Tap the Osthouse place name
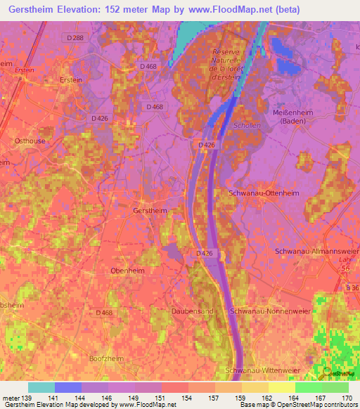point(30,141)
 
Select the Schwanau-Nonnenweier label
point(270,310)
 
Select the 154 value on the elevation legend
point(188,398)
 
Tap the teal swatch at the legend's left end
point(41,387)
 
